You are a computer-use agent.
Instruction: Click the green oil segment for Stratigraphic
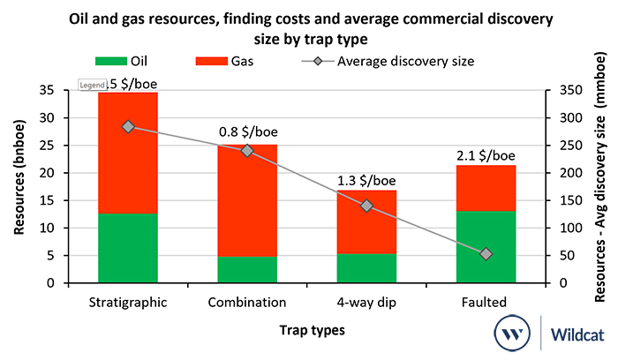click(x=128, y=248)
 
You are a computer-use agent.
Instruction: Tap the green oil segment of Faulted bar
click(x=486, y=247)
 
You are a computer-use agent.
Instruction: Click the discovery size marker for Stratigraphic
click(x=128, y=127)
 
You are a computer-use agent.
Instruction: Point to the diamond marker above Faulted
click(x=486, y=254)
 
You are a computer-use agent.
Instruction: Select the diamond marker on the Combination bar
click(x=247, y=151)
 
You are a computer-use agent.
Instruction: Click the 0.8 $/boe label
click(x=247, y=133)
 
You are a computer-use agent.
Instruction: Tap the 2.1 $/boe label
click(x=486, y=155)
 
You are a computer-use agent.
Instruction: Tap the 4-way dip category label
click(x=366, y=303)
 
